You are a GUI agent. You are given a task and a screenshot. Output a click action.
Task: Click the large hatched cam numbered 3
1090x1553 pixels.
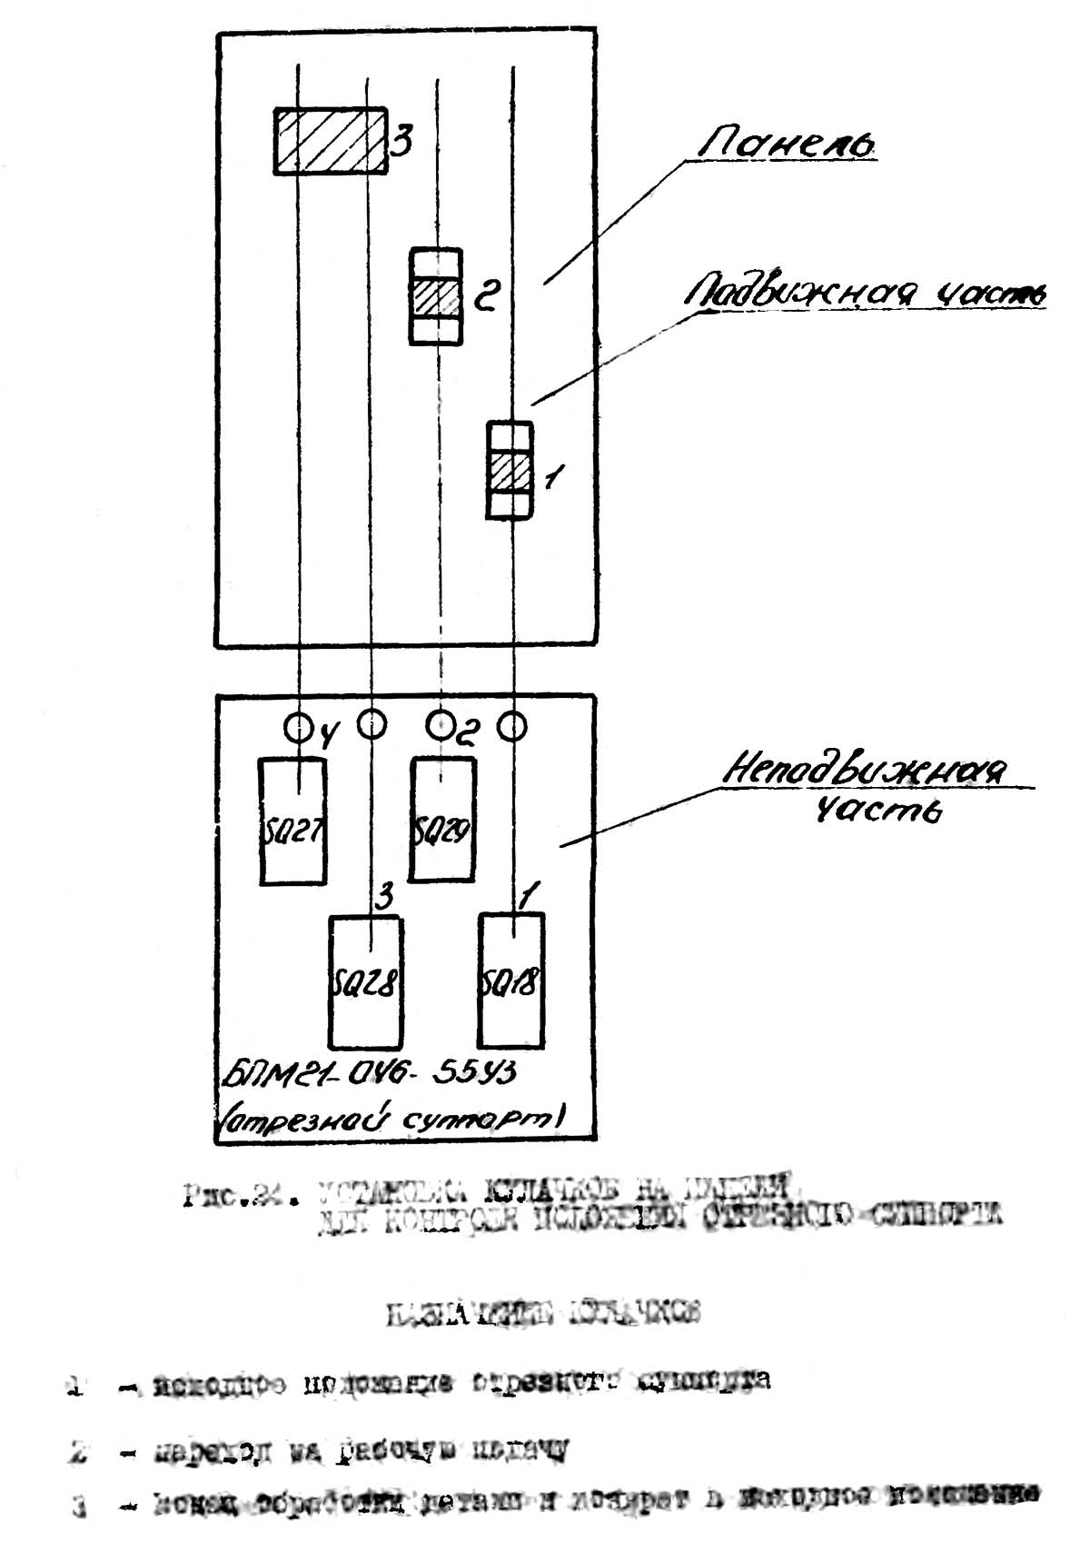(332, 140)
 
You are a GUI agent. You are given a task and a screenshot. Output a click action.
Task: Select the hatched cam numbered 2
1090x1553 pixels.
(436, 296)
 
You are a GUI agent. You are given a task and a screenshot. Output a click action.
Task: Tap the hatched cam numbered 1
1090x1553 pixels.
(510, 471)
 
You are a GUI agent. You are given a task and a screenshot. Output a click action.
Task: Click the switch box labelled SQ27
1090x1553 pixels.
(292, 821)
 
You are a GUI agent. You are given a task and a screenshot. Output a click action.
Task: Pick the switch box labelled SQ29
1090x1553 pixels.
(442, 820)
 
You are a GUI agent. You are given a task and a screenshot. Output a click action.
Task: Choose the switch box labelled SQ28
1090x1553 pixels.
(365, 981)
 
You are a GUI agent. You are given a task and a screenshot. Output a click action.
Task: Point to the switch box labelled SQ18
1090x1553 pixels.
(511, 980)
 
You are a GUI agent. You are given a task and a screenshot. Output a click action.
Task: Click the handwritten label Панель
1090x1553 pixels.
(787, 144)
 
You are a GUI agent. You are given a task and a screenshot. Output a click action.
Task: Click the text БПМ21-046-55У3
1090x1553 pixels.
(369, 1074)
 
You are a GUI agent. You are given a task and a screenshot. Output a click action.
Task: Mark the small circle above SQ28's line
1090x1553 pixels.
(371, 723)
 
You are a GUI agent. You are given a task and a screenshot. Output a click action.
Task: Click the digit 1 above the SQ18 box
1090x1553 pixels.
(530, 898)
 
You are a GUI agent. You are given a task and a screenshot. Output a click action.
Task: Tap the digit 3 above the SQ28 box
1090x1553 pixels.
(384, 898)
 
